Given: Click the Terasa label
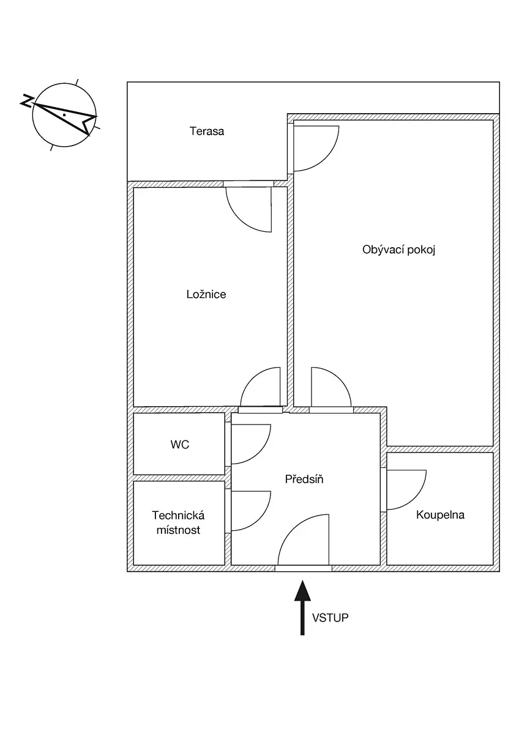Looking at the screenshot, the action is click(x=206, y=132).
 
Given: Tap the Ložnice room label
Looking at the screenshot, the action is click(x=206, y=294).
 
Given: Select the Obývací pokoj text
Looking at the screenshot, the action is click(x=398, y=250).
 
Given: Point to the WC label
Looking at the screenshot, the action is click(x=180, y=445).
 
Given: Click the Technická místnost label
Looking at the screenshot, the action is click(x=178, y=522).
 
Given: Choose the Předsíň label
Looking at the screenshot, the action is click(x=304, y=480).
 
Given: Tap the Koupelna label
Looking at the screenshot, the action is click(x=440, y=515).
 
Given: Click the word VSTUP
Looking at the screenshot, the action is click(x=330, y=618).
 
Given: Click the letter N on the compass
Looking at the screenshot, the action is click(x=27, y=102).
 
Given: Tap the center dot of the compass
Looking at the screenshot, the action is click(x=65, y=115).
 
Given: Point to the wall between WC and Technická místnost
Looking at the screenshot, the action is click(x=179, y=478).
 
